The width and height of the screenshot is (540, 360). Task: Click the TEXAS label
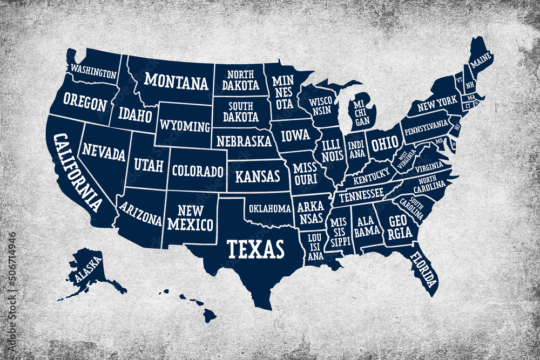coord(255,249)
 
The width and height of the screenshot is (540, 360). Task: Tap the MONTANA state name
coord(176,81)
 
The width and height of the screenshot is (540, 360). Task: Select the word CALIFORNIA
coord(77,172)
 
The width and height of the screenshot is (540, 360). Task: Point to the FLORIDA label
coord(423,269)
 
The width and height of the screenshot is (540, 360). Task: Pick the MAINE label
coord(480,64)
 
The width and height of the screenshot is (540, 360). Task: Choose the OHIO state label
coord(384,143)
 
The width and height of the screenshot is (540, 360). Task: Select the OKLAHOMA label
coord(270,208)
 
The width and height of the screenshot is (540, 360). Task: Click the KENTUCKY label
coord(372,175)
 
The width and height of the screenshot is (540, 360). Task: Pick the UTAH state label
coord(148,165)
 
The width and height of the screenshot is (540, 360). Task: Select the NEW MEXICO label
coord(190,218)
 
